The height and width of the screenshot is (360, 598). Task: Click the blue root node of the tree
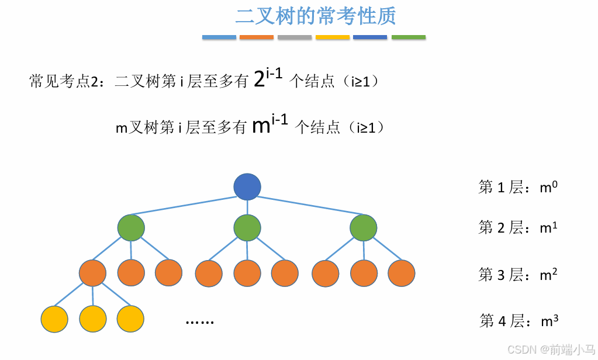[x=247, y=187]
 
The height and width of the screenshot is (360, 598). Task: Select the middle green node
[x=247, y=227]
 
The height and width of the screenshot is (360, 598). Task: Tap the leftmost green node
[x=131, y=227]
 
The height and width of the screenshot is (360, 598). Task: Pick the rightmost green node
[x=364, y=227]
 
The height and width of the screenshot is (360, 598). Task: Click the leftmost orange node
[x=92, y=273]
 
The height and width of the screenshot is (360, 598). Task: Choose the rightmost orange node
[x=401, y=273]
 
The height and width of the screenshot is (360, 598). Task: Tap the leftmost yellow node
[x=55, y=319]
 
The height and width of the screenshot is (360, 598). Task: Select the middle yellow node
[x=92, y=319]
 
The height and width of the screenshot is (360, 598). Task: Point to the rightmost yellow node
[x=130, y=319]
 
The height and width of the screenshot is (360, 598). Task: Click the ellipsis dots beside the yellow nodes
[x=200, y=321]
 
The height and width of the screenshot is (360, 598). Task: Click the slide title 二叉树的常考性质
[x=316, y=16]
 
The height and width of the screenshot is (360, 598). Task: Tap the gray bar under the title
[x=295, y=37]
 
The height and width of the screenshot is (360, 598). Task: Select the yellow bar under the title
[x=333, y=37]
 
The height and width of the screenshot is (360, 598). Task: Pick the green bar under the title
[x=408, y=37]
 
